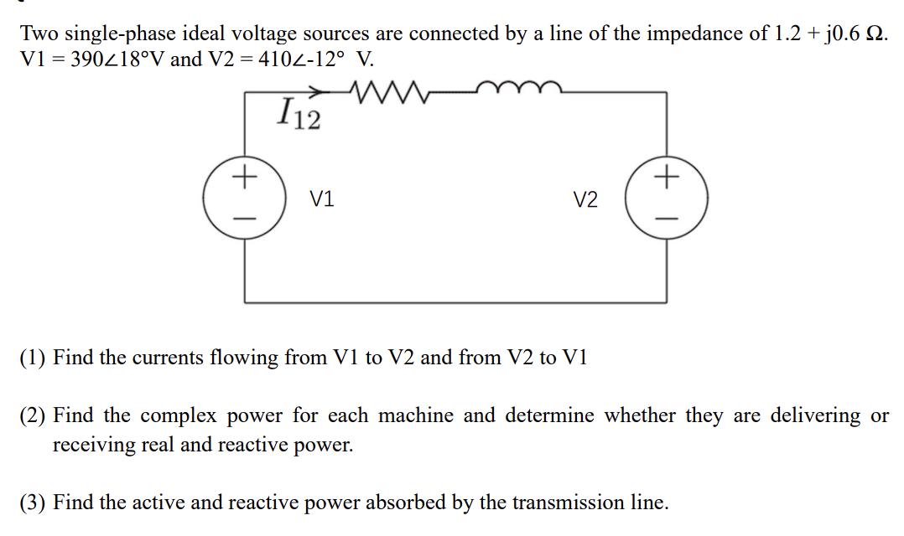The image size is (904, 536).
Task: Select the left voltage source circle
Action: pyautogui.click(x=244, y=198)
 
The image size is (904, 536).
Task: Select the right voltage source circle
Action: pyautogui.click(x=668, y=198)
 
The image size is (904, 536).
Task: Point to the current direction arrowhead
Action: pyautogui.click(x=316, y=91)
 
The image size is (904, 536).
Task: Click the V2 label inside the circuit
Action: pyautogui.click(x=585, y=199)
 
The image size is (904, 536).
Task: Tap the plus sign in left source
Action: pyautogui.click(x=244, y=178)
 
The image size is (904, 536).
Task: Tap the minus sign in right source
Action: pyautogui.click(x=668, y=219)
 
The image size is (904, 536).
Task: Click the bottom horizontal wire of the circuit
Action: pyautogui.click(x=456, y=301)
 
